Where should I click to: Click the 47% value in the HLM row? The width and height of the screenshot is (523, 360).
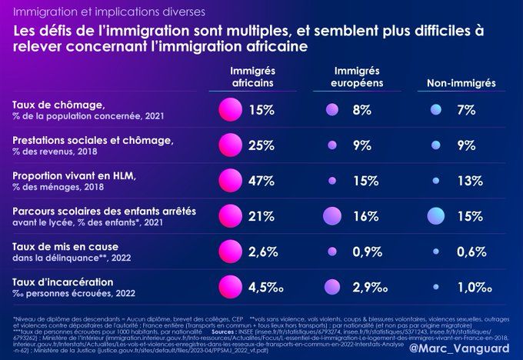(261, 182)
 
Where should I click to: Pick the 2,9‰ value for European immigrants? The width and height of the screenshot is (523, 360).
(368, 288)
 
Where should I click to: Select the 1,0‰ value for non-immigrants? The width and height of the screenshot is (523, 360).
(472, 288)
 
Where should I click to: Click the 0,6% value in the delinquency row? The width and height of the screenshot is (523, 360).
(469, 252)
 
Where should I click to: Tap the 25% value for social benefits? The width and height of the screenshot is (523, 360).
(261, 145)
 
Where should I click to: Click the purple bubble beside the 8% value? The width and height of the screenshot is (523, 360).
(332, 111)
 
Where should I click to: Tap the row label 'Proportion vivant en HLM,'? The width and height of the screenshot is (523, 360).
(75, 175)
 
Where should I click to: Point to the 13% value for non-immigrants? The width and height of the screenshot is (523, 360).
(469, 182)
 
